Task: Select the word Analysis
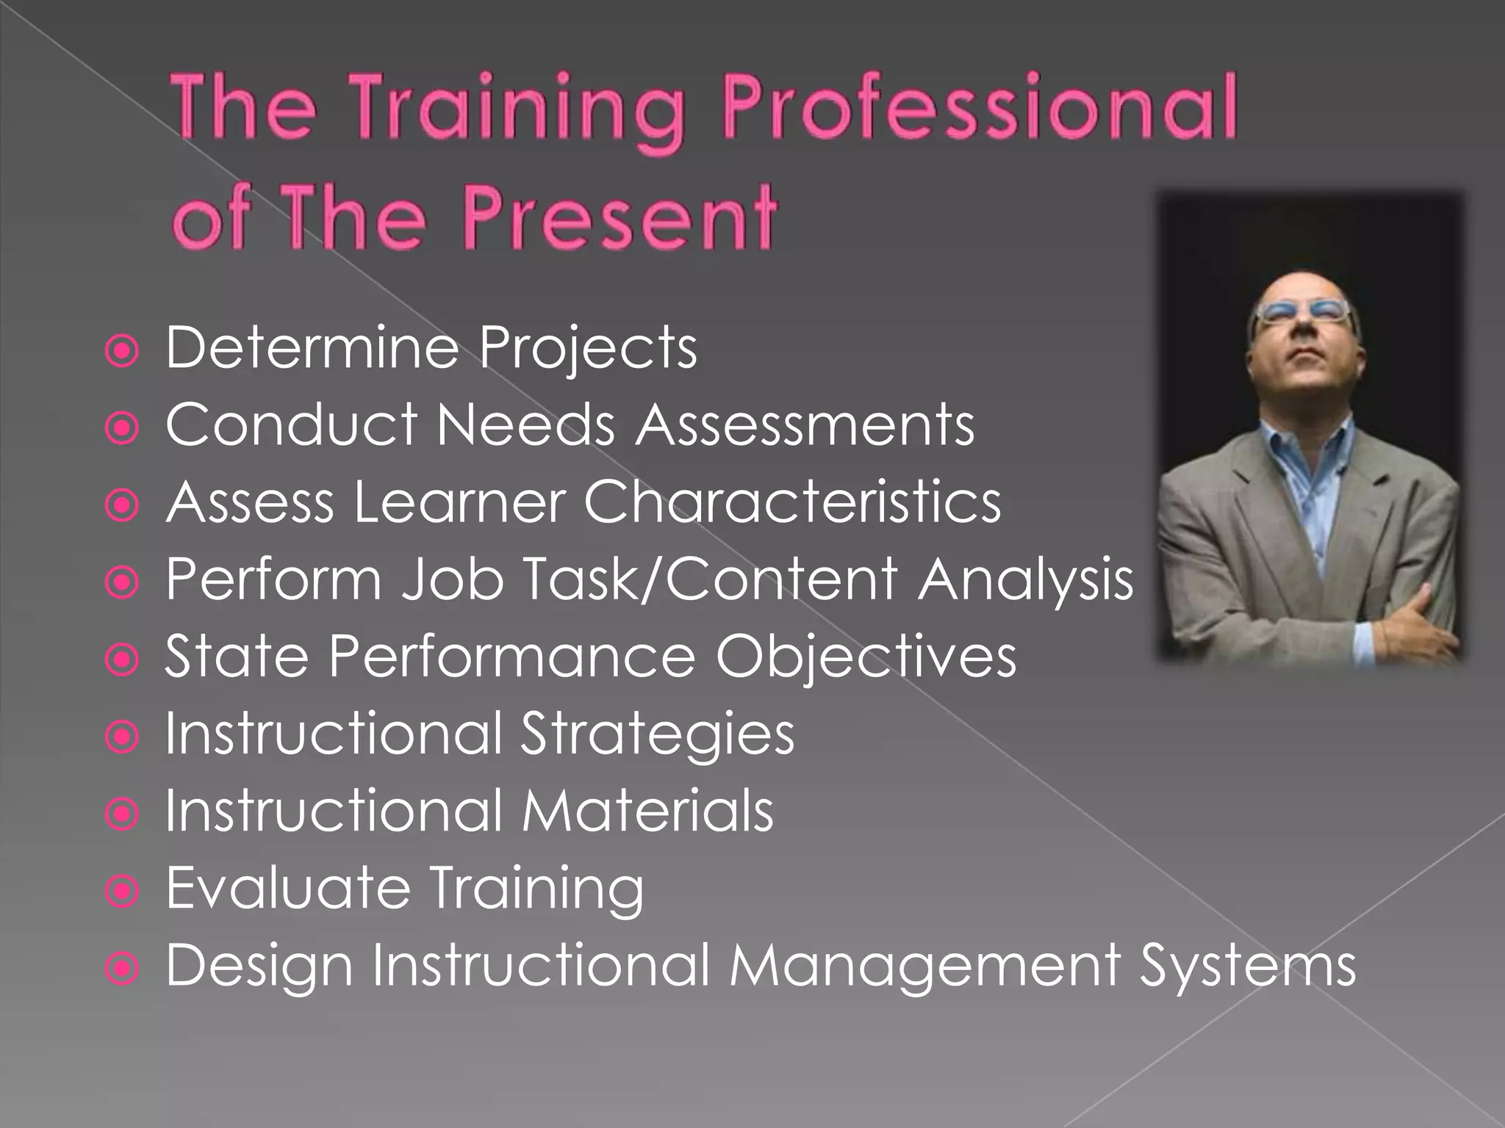1024,580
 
